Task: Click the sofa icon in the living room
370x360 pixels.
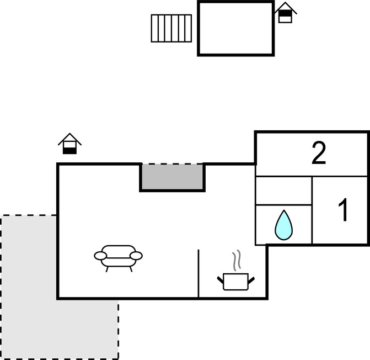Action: tap(118, 258)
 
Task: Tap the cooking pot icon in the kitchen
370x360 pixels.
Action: tap(236, 282)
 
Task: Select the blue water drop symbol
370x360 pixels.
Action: tap(283, 225)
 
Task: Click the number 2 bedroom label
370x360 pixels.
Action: tap(319, 153)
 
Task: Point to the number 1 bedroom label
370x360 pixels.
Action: tap(343, 210)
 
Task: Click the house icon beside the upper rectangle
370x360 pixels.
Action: tap(285, 13)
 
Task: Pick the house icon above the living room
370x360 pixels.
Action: tap(69, 144)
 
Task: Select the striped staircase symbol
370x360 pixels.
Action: tap(171, 28)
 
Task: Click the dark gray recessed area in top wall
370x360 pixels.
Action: tap(172, 177)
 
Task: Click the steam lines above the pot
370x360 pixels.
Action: tap(237, 260)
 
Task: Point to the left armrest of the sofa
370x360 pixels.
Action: tap(100, 256)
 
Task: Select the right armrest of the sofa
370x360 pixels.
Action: tap(136, 256)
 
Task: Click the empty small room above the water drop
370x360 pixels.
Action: tap(283, 190)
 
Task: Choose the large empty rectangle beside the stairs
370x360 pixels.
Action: tap(236, 28)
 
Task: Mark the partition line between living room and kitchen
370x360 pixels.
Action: tap(199, 273)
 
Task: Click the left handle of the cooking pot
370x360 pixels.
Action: tap(221, 280)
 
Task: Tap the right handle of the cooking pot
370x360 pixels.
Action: tap(251, 280)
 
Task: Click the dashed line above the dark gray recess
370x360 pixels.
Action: tap(172, 163)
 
